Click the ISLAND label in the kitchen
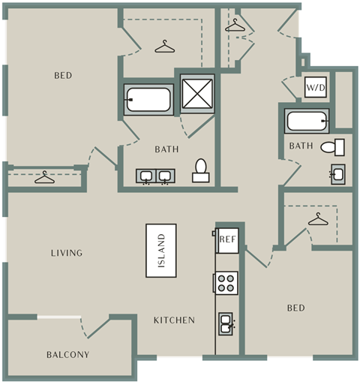pyautogui.click(x=161, y=251)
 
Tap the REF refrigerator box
pyautogui.click(x=227, y=240)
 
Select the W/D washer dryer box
pyautogui.click(x=316, y=87)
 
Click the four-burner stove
pyautogui.click(x=226, y=283)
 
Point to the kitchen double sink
pyautogui.click(x=226, y=323)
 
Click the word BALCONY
pyautogui.click(x=68, y=354)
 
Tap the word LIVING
pyautogui.click(x=67, y=253)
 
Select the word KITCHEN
pyautogui.click(x=174, y=320)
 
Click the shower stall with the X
pyautogui.click(x=197, y=94)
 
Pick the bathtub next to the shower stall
pyautogui.click(x=148, y=100)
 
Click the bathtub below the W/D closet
pyautogui.click(x=307, y=121)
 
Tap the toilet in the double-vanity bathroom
pyautogui.click(x=201, y=170)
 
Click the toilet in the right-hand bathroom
pyautogui.click(x=333, y=147)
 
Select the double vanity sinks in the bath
pyautogui.click(x=155, y=176)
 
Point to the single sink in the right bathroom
pyautogui.click(x=337, y=174)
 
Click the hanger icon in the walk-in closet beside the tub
pyautogui.click(x=164, y=47)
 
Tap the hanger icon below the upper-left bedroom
pyautogui.click(x=44, y=177)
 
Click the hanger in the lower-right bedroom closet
pyautogui.click(x=318, y=219)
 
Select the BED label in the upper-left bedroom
pyautogui.click(x=63, y=75)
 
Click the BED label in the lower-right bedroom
pyautogui.click(x=296, y=308)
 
